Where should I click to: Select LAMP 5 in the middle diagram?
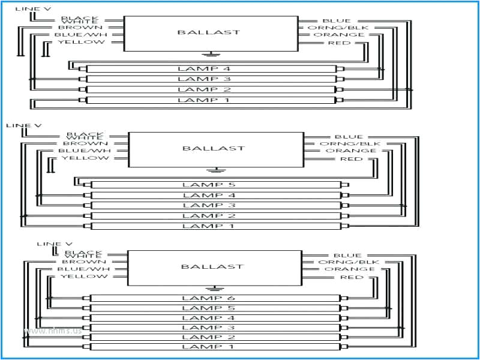click(209, 185)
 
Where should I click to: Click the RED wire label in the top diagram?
click(339, 43)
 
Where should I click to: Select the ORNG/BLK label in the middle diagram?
click(341, 144)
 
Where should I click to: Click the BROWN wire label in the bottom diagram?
click(84, 262)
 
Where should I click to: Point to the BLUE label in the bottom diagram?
click(348, 256)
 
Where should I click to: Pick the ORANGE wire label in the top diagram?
click(342, 35)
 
